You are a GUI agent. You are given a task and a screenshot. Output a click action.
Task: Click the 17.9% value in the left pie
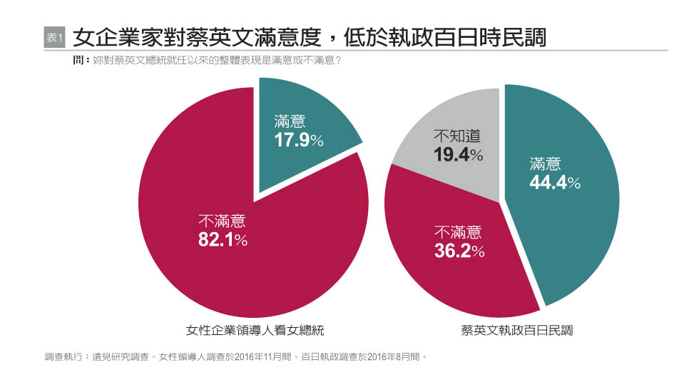299,140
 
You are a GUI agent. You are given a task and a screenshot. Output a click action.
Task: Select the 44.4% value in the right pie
554,183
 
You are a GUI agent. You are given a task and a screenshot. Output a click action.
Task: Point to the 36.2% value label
459,251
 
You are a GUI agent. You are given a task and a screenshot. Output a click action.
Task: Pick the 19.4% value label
459,154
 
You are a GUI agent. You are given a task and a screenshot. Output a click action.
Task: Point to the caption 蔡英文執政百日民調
517,330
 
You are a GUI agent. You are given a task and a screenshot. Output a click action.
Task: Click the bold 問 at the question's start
78,61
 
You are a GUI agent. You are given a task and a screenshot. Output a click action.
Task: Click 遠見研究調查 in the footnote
116,355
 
